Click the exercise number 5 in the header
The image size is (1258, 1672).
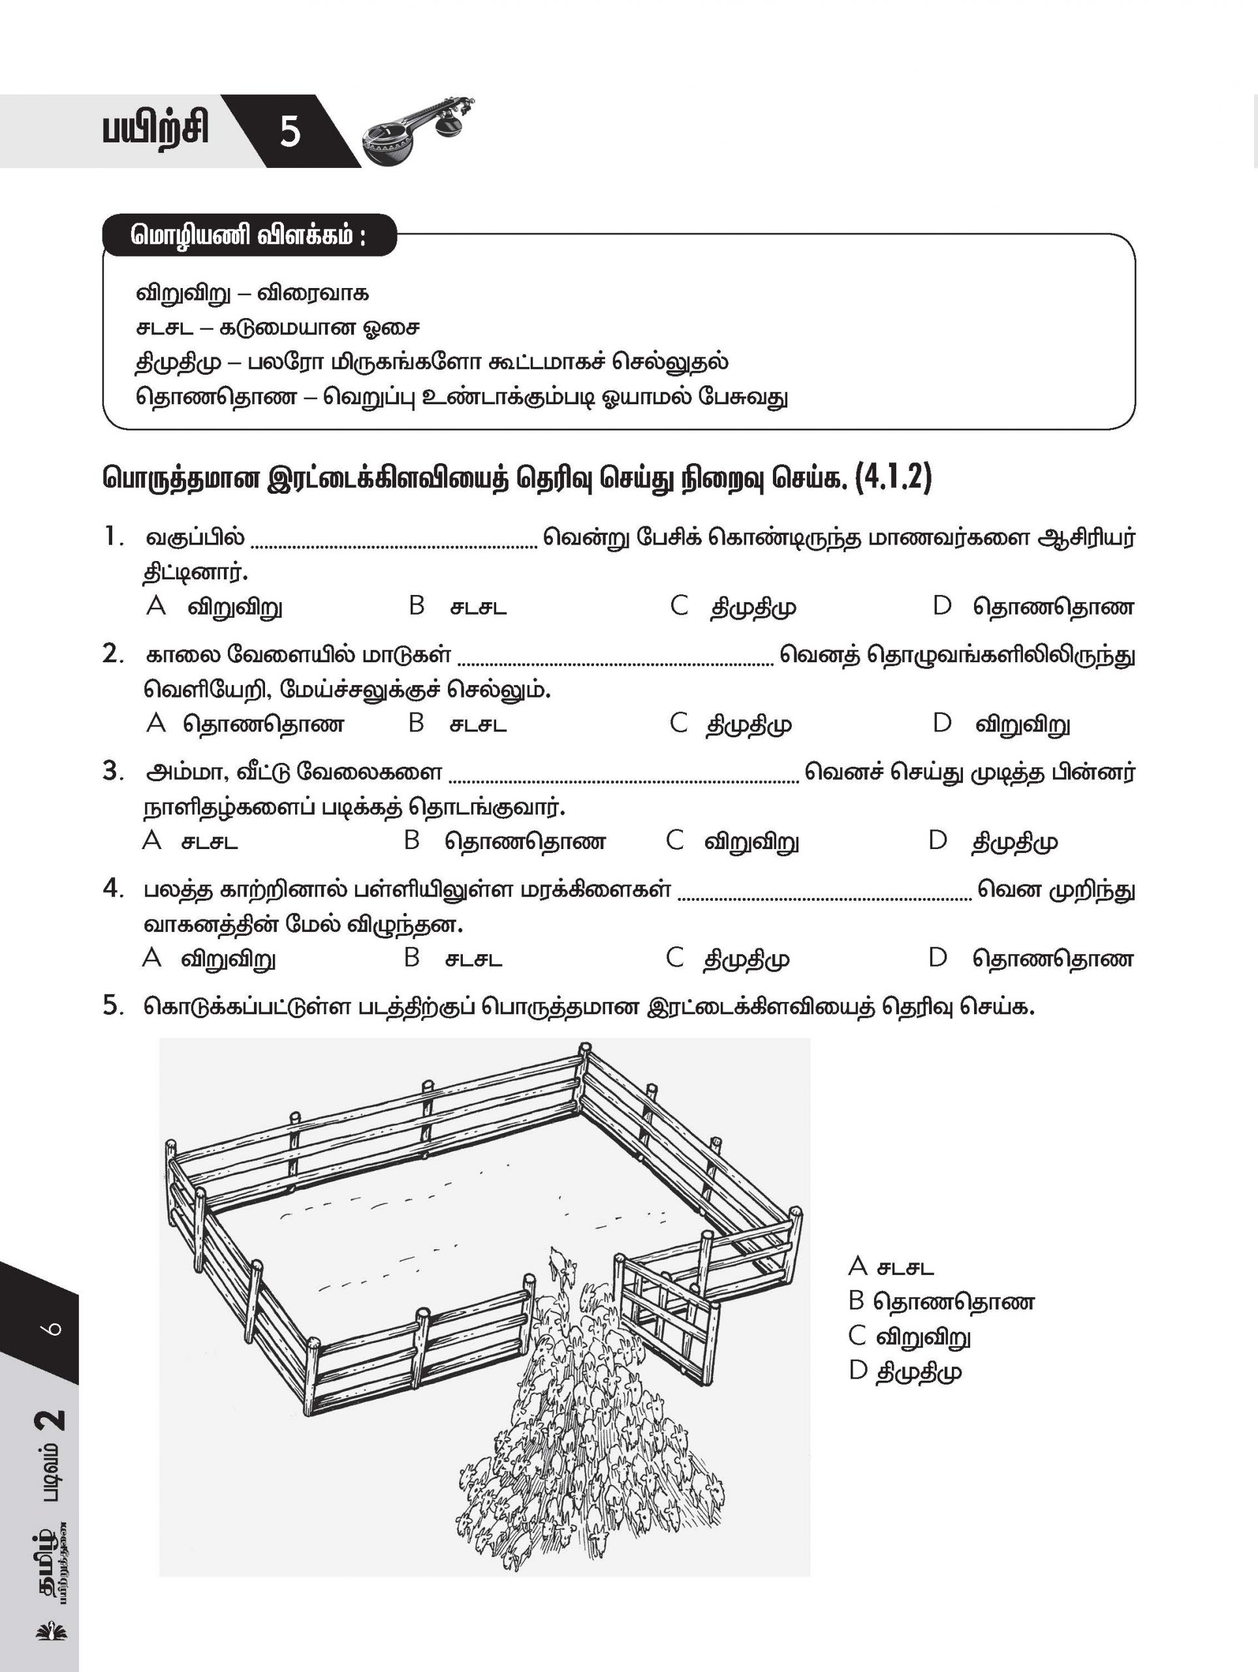[x=290, y=131]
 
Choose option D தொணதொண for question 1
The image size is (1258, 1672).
[x=1052, y=607]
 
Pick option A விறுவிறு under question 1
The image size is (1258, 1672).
[x=235, y=607]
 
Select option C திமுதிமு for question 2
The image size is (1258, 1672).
[x=749, y=725]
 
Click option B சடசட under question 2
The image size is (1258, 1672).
[x=477, y=725]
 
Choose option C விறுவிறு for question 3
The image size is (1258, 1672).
[x=751, y=842]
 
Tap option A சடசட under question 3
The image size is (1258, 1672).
[x=210, y=842]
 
